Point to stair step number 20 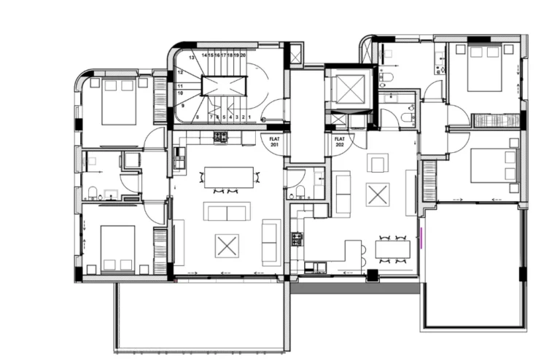coord(243,55)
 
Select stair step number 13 coord(192,56)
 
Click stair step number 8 coord(198,117)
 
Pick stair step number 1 coord(249,117)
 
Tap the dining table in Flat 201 coord(229,177)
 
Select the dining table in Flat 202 coord(392,249)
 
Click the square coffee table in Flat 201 coord(227,245)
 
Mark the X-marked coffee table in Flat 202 coord(378,195)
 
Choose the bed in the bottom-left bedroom coord(117,249)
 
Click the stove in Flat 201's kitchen coord(221,136)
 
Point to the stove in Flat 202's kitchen coord(297,238)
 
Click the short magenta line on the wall coord(421,238)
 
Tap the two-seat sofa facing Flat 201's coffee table coord(227,212)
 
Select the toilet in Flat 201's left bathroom coord(93,192)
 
